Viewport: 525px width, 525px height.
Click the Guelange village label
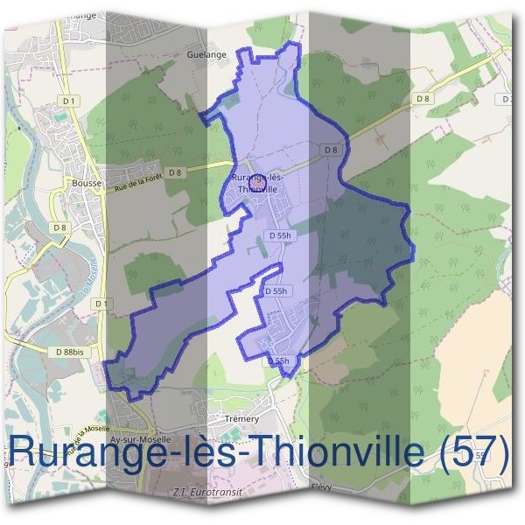pos(206,54)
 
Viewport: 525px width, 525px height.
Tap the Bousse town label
pos(87,183)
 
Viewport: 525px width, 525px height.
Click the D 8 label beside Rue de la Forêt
pos(176,171)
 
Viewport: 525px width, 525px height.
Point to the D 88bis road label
pos(67,351)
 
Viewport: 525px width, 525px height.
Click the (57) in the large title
pos(472,452)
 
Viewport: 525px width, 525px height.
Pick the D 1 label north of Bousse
pos(70,101)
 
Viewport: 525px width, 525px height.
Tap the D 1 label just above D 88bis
pos(103,303)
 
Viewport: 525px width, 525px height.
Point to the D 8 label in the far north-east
pos(423,99)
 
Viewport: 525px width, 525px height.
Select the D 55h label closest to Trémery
pos(278,360)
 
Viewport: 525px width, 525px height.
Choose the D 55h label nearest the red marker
pos(280,235)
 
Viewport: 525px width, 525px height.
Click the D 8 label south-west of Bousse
pos(59,227)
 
